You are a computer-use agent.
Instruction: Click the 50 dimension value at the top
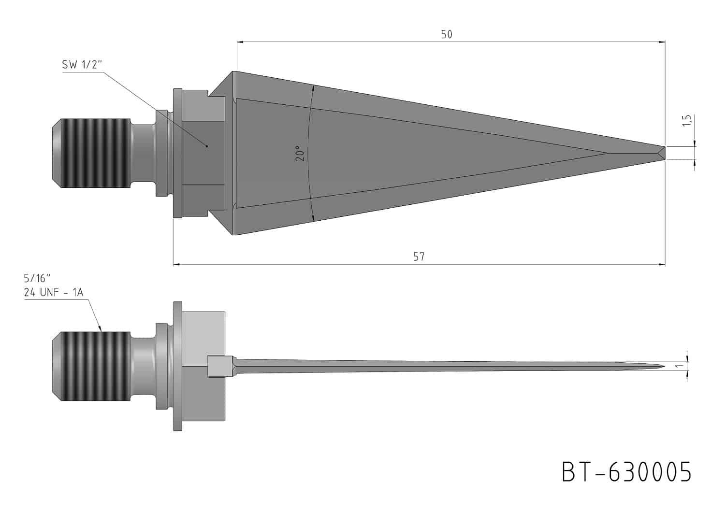pos(447,34)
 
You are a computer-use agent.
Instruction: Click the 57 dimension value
pos(419,256)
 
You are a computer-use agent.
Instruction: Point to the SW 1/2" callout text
pos(82,65)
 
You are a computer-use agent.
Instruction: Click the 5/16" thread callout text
pos(37,278)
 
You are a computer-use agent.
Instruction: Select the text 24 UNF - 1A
pos(53,292)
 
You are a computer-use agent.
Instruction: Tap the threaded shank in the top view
pos(92,153)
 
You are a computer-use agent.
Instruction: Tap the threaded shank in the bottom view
pos(92,367)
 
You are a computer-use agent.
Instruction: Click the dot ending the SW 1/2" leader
pos(207,146)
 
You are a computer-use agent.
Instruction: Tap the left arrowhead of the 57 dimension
pos(176,264)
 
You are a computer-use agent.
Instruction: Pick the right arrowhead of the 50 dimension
pos(662,42)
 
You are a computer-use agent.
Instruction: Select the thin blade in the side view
pos(435,366)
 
